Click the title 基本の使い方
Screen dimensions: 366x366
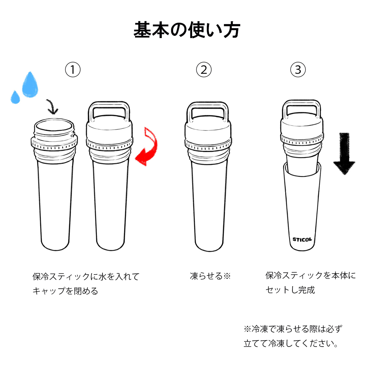[187, 30]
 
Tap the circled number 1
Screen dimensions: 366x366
[73, 70]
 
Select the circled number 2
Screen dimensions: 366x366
[204, 70]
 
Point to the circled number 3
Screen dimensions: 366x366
[298, 70]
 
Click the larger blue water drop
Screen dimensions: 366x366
[30, 85]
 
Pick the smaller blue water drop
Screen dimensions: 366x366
[15, 97]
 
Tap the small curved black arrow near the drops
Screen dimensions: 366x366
[53, 107]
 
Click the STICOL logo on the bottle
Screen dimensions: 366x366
[302, 239]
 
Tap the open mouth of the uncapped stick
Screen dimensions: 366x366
[55, 126]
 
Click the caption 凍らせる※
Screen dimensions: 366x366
[210, 276]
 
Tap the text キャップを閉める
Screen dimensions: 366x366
[66, 291]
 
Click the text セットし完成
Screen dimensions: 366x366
[290, 290]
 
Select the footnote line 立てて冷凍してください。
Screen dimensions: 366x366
[291, 344]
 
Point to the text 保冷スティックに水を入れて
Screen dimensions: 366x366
[86, 276]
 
